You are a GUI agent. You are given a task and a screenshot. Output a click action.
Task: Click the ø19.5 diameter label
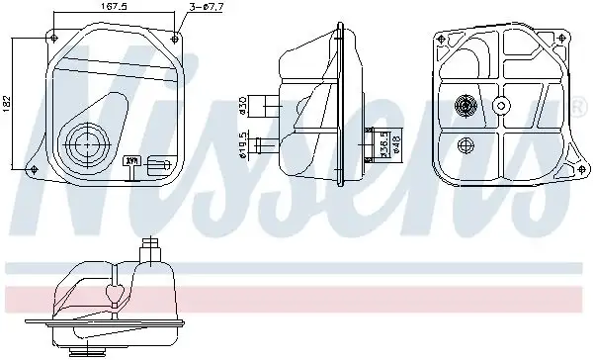[x=243, y=146]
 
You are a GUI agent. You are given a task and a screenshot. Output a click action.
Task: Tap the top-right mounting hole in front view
[x=176, y=36]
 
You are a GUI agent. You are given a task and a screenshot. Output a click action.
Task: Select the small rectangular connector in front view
[x=155, y=169]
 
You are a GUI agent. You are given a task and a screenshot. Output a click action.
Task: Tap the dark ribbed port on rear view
[x=465, y=105]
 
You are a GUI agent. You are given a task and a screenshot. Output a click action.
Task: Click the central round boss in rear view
[x=501, y=105]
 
